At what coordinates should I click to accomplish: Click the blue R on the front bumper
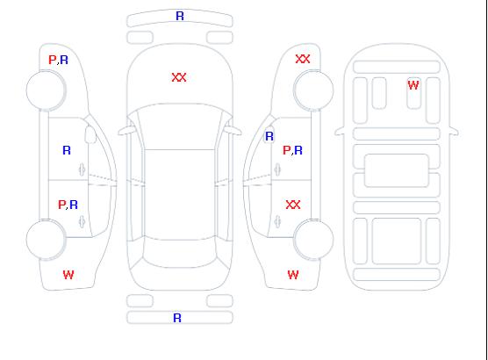click(x=180, y=16)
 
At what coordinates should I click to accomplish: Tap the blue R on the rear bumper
click(x=177, y=318)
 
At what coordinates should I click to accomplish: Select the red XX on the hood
click(x=179, y=77)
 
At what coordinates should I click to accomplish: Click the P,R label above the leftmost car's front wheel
click(x=58, y=60)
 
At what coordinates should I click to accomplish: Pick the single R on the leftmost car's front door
click(x=67, y=150)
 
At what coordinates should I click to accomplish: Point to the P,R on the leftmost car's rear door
click(x=68, y=205)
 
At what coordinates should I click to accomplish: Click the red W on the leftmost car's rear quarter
click(x=68, y=275)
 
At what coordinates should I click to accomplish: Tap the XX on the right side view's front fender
click(x=303, y=59)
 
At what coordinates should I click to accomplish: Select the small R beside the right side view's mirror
click(x=269, y=136)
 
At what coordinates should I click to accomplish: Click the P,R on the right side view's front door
click(x=292, y=150)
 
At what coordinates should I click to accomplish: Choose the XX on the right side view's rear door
click(x=293, y=205)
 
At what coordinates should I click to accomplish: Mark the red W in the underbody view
click(x=413, y=85)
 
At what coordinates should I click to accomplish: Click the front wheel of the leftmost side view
click(x=46, y=90)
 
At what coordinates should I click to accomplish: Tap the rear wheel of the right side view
click(x=313, y=240)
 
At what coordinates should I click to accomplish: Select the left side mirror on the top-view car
click(x=126, y=131)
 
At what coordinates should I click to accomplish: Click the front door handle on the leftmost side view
click(x=82, y=169)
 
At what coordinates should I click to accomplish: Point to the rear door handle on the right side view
click(x=277, y=222)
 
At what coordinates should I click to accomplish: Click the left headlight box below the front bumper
click(x=140, y=38)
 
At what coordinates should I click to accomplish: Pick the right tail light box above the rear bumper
click(x=219, y=301)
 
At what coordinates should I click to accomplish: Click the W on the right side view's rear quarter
click(x=293, y=275)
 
